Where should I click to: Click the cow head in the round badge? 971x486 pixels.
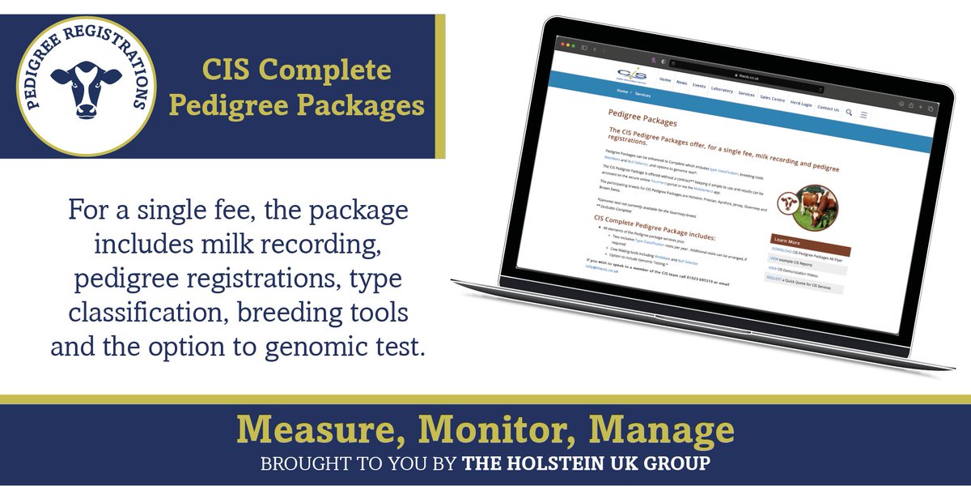click(x=86, y=87)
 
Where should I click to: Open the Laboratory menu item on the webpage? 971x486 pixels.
click(x=722, y=90)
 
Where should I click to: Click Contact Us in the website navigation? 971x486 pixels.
click(x=828, y=108)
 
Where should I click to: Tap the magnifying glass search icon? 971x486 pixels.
click(x=849, y=112)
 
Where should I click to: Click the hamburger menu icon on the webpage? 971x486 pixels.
click(x=863, y=115)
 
